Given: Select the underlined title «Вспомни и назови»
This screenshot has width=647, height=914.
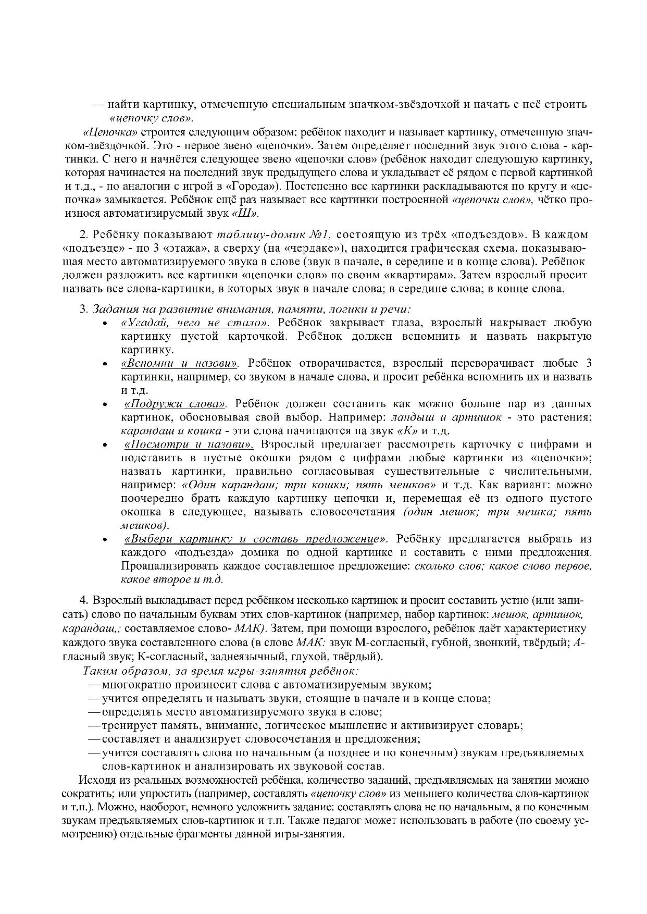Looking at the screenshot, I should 180,363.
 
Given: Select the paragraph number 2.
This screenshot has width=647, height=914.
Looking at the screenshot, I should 82,234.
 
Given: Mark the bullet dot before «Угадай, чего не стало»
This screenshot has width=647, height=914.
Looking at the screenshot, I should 105,324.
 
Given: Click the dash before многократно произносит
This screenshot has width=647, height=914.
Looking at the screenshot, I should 94,685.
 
